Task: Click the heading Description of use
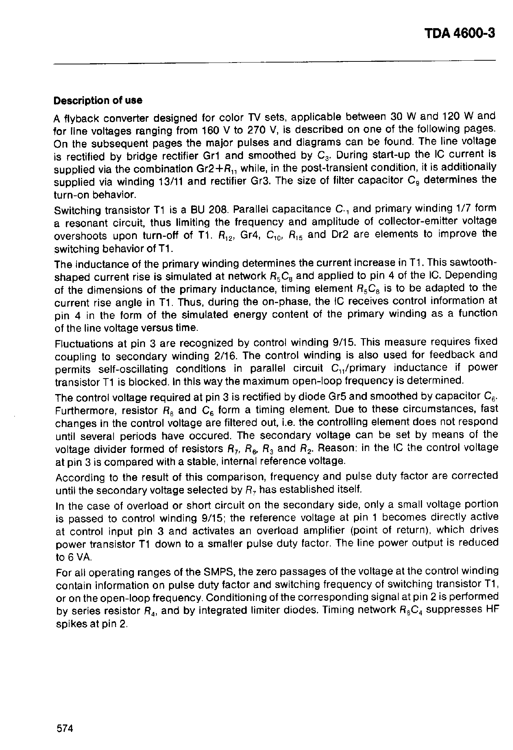(98, 101)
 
